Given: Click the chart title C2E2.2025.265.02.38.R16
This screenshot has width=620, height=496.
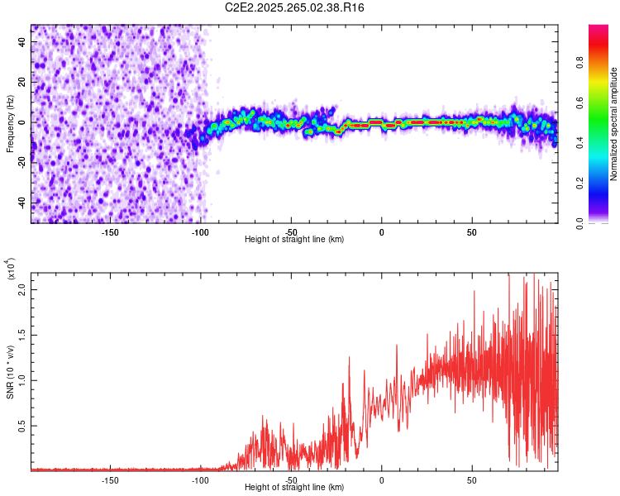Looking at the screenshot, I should (x=295, y=7).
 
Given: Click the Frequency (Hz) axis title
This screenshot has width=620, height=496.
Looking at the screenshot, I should (x=10, y=124).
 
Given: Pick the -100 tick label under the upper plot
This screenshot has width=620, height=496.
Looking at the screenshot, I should (x=200, y=231).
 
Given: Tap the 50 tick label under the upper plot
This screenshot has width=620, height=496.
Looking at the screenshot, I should (x=471, y=231).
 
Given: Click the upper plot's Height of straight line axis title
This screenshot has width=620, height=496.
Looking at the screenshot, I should (x=294, y=240).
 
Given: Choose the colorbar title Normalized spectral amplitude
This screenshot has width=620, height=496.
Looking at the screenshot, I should (x=613, y=124).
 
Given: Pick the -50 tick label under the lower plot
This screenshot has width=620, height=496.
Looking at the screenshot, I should (x=291, y=480).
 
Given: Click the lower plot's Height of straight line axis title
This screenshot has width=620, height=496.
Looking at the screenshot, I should (x=294, y=489).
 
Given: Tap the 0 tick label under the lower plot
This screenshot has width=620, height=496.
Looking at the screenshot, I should (x=382, y=480).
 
